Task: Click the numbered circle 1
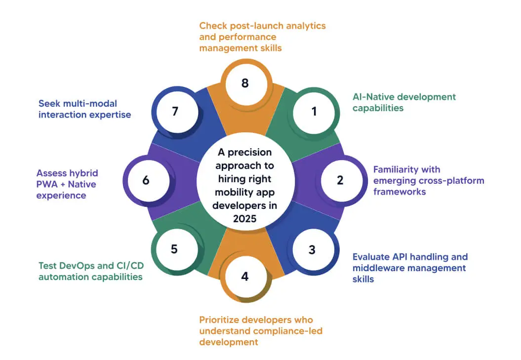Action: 314,112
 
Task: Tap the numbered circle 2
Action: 340,180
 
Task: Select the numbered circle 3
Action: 312,249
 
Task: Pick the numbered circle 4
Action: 245,276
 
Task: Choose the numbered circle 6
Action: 146,180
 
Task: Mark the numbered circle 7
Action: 174,112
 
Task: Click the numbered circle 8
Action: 245,83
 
